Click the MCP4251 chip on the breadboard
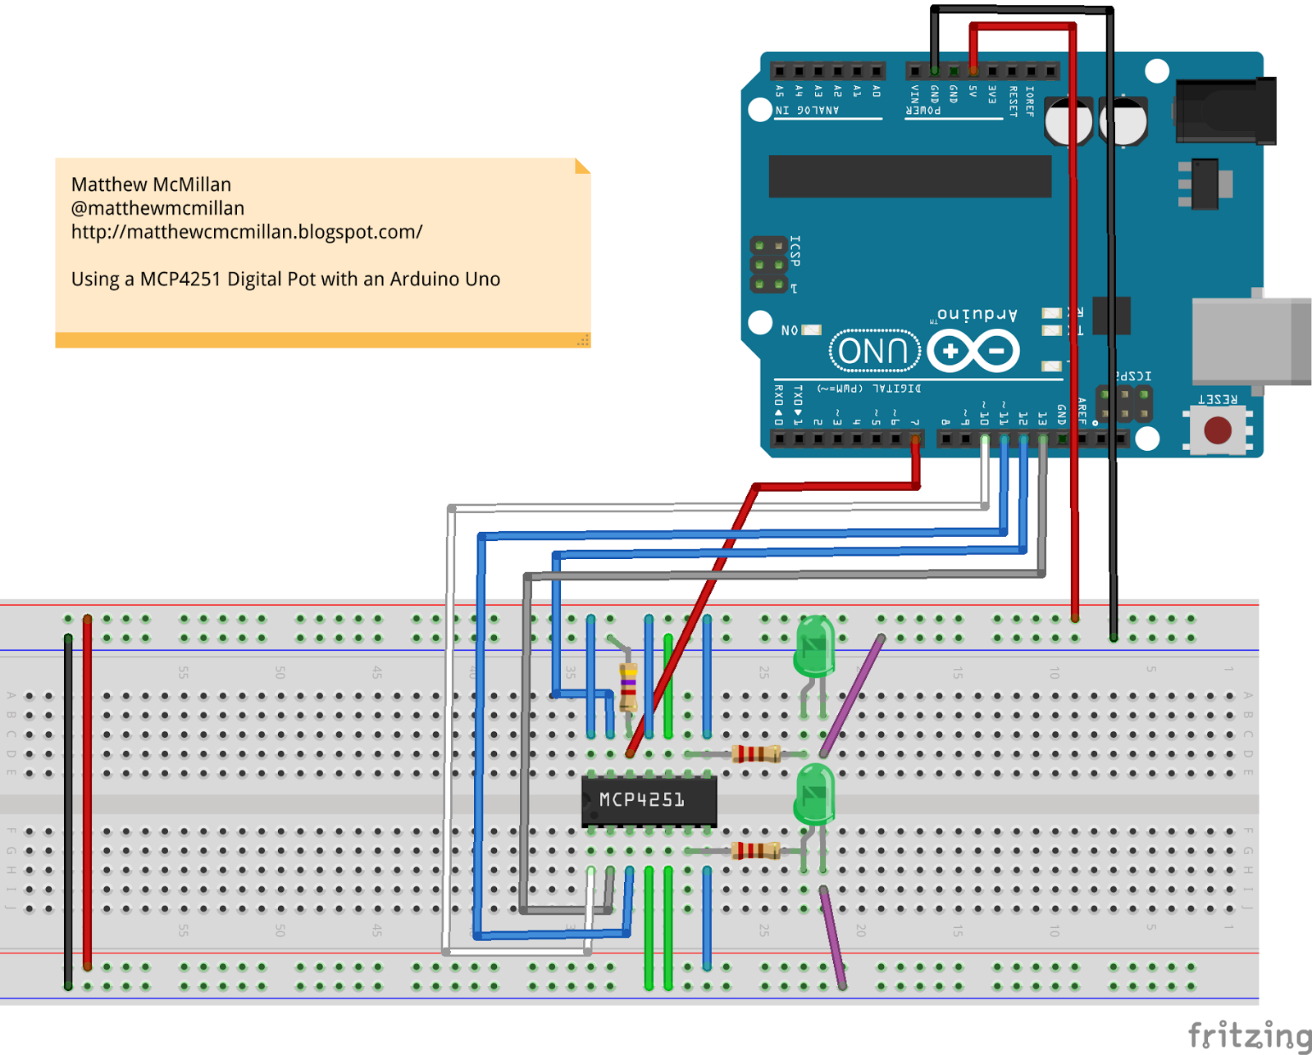coord(648,800)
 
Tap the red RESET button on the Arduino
coord(1218,430)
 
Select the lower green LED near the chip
coord(814,794)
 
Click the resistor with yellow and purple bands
coord(628,687)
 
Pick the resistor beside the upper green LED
coord(755,754)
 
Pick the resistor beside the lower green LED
coord(755,851)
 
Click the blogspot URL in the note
coord(246,232)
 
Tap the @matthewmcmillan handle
coord(157,208)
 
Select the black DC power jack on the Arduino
coord(1226,111)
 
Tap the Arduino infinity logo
coord(974,352)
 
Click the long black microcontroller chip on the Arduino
coord(909,176)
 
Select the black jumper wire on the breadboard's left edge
coord(68,812)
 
